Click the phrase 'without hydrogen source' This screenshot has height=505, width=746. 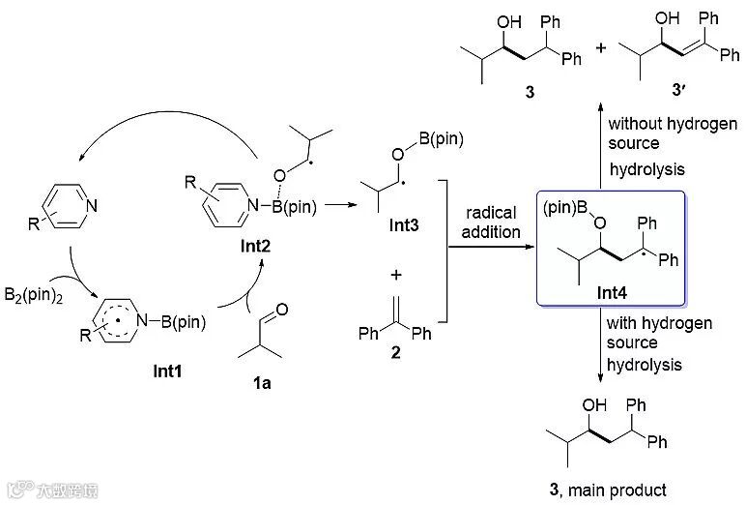648,134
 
